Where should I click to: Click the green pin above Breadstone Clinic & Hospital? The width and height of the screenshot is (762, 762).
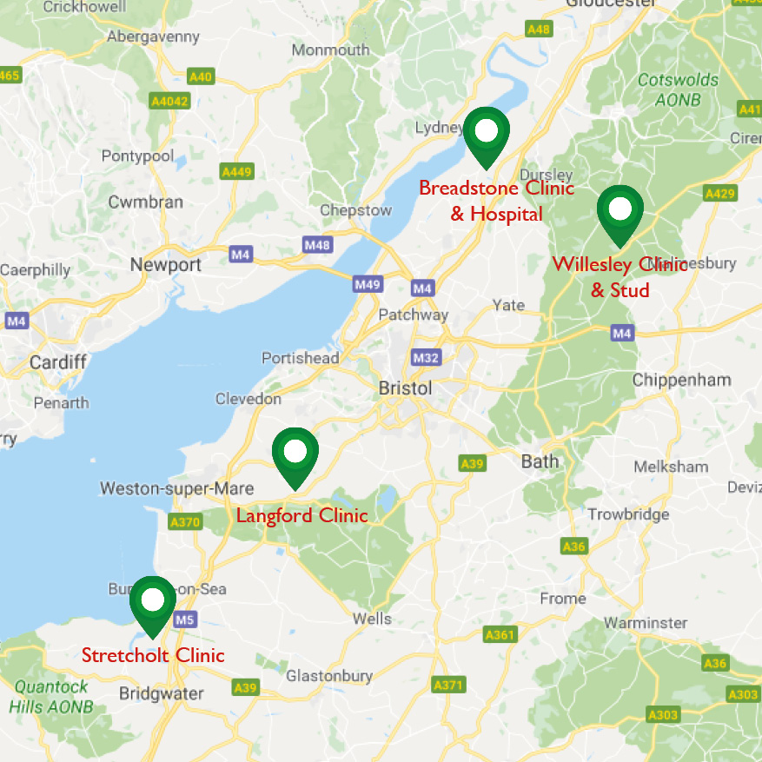point(487,134)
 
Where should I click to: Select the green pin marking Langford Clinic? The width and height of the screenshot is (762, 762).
point(295,454)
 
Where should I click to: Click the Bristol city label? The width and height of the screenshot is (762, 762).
point(405,388)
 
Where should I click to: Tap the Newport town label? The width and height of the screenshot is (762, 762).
point(165,265)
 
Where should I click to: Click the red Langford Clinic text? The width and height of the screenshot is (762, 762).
point(301,516)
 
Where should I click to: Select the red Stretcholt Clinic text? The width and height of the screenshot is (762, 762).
point(153,655)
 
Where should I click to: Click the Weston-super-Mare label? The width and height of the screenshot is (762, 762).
point(176,488)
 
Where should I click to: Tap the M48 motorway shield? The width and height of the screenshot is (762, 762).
point(317,246)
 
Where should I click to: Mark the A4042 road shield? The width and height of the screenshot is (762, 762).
point(169,102)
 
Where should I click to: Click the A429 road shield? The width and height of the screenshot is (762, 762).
point(720,193)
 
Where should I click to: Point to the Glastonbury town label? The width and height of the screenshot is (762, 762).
point(329,676)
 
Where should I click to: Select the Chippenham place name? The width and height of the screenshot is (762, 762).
point(681,381)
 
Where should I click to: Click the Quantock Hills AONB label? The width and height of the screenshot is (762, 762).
point(50,696)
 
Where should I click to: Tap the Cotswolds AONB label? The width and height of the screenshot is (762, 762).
point(678,89)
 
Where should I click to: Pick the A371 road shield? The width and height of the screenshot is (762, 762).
point(447,686)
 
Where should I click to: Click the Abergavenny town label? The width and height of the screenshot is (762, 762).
point(152,36)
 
